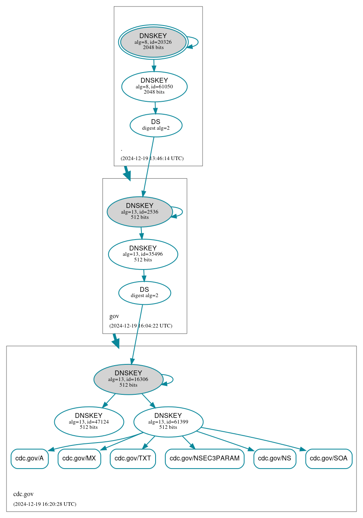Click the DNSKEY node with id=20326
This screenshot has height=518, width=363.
click(153, 42)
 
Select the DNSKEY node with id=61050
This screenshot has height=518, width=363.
click(154, 86)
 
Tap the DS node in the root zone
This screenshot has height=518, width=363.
click(156, 125)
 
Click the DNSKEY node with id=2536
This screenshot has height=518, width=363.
click(139, 212)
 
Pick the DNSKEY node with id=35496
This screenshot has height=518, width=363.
click(143, 254)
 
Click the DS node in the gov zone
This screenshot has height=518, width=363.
click(144, 293)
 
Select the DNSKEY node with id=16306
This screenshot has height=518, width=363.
click(128, 379)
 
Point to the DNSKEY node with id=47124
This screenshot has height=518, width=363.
click(89, 422)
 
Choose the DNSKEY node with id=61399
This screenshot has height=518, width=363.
click(168, 422)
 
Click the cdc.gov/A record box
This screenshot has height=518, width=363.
click(30, 459)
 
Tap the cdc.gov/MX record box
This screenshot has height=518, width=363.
click(79, 459)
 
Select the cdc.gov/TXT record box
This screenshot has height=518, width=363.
click(132, 459)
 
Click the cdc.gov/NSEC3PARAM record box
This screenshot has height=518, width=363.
click(205, 459)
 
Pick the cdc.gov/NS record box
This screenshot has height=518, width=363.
click(275, 459)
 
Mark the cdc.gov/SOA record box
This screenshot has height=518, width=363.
click(329, 459)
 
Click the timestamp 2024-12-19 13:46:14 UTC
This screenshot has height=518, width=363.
click(152, 158)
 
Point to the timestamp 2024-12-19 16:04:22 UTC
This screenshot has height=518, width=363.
click(141, 326)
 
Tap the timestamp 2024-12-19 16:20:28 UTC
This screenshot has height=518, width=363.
click(45, 504)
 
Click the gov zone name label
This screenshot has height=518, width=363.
click(114, 316)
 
